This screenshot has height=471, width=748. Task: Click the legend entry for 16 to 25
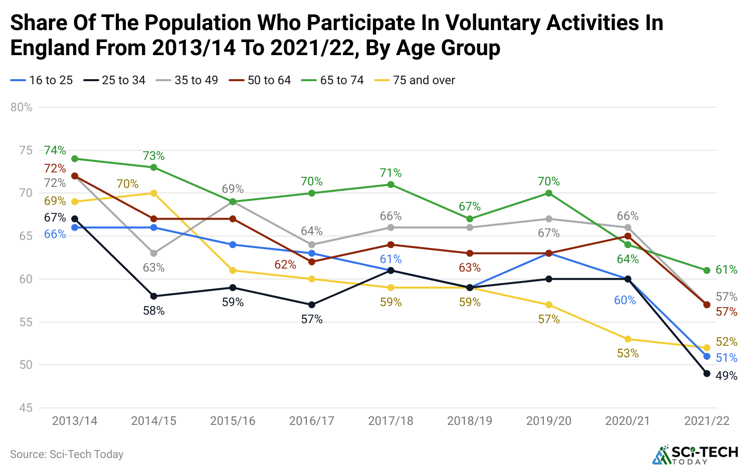[x=42, y=80]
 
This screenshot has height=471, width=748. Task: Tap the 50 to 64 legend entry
[x=260, y=80]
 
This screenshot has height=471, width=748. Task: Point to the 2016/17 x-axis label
[x=311, y=421]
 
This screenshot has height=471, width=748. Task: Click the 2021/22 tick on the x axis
[x=707, y=421]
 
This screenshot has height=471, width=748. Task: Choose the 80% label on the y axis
[x=22, y=107]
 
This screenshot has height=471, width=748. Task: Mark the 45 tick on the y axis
[x=26, y=408]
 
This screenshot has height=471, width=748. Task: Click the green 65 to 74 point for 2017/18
[x=391, y=184]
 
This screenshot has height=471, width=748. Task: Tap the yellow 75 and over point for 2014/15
[x=154, y=193]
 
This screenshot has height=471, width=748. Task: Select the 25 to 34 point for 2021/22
[x=707, y=373]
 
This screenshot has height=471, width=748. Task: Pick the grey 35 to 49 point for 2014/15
[x=154, y=254]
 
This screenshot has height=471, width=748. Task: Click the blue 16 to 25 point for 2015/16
[x=233, y=245]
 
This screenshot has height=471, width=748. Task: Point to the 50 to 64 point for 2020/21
[x=628, y=236]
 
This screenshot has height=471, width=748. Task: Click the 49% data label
[x=726, y=376]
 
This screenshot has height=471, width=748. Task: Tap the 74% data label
[x=55, y=150]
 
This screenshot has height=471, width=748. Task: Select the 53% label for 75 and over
[x=628, y=354]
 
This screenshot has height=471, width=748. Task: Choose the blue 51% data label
[x=726, y=358]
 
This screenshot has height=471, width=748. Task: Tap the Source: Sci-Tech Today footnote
[x=67, y=454]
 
